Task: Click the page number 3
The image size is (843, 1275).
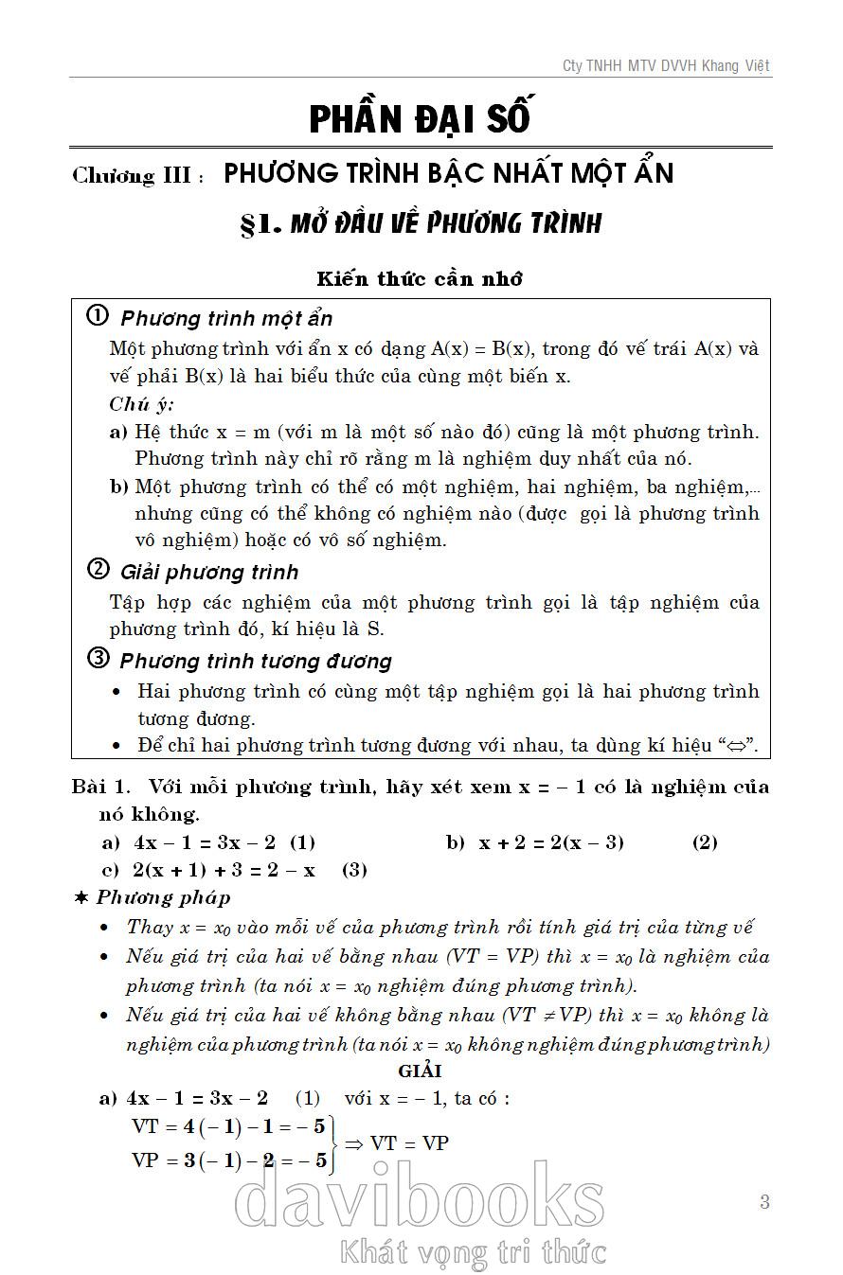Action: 764,1202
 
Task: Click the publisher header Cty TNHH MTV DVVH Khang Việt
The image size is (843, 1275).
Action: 666,65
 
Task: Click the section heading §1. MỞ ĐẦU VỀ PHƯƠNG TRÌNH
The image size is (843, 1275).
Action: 421,224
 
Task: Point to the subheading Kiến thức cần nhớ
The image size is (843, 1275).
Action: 421,278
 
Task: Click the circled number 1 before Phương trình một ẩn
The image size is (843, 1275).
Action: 98,316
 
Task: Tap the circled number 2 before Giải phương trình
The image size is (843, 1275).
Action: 98,570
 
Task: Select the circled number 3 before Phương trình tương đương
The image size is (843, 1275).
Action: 98,659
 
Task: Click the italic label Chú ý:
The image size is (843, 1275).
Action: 141,404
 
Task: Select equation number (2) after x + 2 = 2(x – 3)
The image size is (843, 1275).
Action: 705,842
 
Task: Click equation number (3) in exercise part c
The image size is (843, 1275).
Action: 354,870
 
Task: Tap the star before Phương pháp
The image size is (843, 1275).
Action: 81,897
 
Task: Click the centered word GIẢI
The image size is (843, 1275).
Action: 421,1071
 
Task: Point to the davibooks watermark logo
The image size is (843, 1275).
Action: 420,1200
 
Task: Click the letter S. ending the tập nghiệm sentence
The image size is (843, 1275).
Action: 375,629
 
